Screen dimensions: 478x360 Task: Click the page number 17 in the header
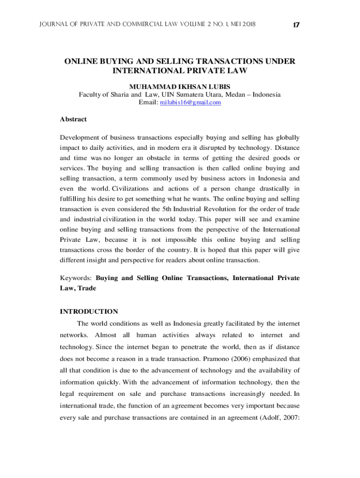[295, 24]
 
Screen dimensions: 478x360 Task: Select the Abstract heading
[73, 119]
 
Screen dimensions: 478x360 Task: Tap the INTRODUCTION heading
[89, 311]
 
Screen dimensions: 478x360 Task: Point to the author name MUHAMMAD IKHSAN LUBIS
[180, 87]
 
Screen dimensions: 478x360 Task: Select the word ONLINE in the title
[83, 62]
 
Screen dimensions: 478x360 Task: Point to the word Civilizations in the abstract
[129, 189]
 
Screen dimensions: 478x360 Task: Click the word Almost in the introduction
[106, 335]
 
